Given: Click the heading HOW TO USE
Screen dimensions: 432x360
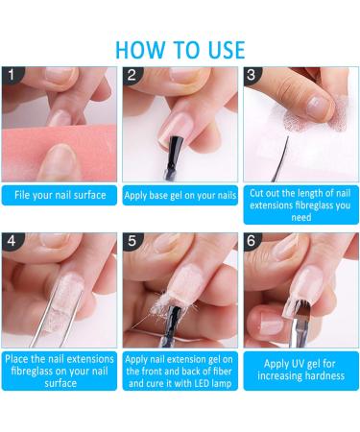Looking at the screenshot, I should coord(180,49).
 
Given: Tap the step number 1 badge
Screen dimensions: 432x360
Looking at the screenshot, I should coord(12,75).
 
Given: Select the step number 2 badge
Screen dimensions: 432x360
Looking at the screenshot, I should coord(132,75).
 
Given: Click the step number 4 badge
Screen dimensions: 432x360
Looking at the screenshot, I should coord(12,242).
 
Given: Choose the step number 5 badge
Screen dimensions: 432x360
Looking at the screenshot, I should coord(132,242).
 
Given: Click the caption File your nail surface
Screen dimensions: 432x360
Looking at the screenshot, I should coord(59,196).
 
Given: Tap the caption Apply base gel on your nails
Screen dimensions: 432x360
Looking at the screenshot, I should coord(180,196).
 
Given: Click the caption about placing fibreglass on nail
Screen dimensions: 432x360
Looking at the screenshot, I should coord(59,371).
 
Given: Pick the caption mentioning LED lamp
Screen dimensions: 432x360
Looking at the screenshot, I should coord(180,371).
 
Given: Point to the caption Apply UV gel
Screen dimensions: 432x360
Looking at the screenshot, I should coord(300,371).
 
